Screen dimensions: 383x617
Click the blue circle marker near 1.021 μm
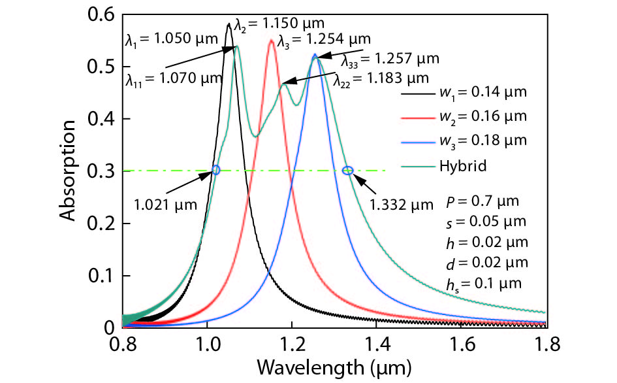pyautogui.click(x=216, y=170)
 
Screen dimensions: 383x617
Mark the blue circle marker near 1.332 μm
pyautogui.click(x=347, y=171)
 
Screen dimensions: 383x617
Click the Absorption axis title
pyautogui.click(x=71, y=171)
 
